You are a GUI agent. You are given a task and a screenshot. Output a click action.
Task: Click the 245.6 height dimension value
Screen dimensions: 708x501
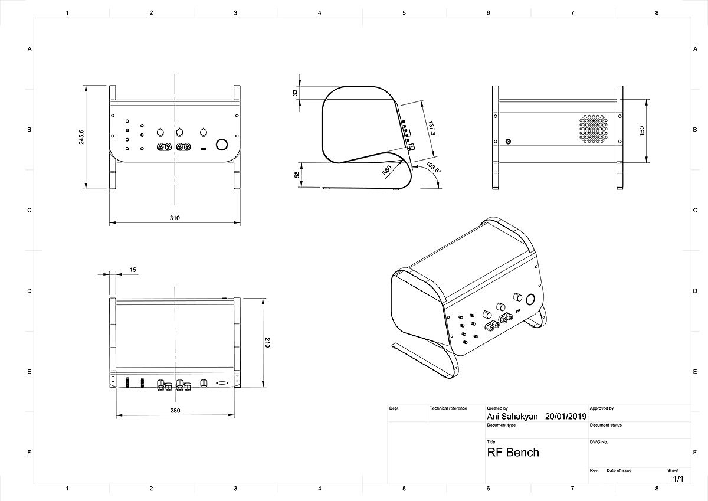point(81,137)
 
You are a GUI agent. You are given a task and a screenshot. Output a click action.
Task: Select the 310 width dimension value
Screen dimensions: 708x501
point(175,218)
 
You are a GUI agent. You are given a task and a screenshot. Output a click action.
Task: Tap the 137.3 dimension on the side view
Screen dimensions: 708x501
point(432,127)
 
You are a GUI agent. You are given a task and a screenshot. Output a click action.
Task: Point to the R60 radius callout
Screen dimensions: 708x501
point(387,171)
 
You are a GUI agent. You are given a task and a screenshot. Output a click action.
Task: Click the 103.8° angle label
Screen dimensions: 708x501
point(433,167)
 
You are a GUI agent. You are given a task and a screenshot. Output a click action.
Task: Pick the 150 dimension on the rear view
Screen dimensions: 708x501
point(642,131)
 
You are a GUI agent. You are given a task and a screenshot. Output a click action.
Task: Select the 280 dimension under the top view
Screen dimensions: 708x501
point(175,410)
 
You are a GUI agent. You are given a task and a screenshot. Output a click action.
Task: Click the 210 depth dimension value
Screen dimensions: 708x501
point(267,343)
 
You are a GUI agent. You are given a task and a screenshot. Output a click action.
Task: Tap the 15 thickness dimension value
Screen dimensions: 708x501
point(133,270)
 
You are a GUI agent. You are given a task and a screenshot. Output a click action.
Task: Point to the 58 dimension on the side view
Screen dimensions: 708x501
point(297,175)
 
